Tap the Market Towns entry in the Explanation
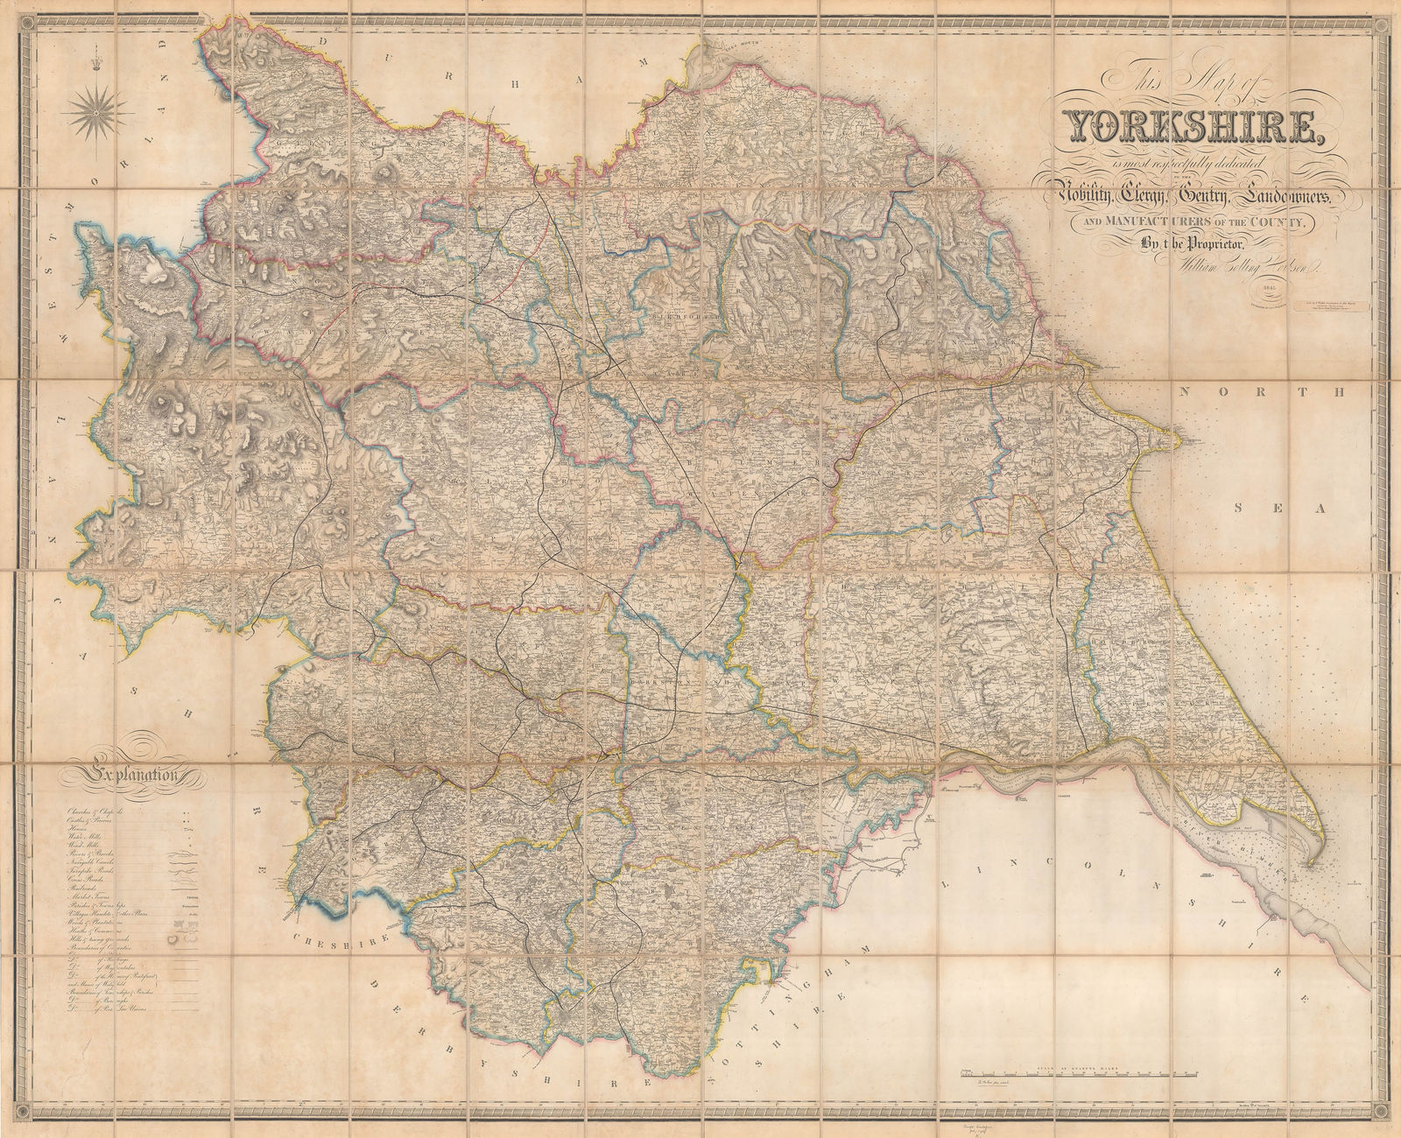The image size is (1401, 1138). click(x=90, y=897)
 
